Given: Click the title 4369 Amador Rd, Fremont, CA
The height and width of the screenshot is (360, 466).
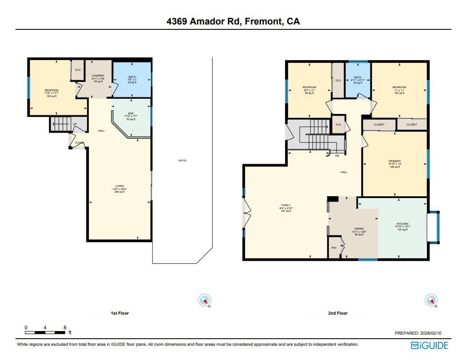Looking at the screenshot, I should [233, 21].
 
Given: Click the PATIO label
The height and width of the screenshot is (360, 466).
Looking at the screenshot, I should [182, 161].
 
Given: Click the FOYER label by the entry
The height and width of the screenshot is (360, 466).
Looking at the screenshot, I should [79, 143].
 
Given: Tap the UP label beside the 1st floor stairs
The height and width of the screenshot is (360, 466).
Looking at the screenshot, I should [75, 124].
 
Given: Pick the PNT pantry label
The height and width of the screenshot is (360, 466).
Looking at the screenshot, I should [334, 248].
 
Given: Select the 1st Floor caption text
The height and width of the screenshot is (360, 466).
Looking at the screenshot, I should [120, 313].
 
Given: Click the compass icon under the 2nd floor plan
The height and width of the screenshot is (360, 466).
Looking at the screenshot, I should [430, 301].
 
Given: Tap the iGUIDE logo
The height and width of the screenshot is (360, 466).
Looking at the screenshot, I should [429, 345].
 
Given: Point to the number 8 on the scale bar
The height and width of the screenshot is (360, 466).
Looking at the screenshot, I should [65, 328].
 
